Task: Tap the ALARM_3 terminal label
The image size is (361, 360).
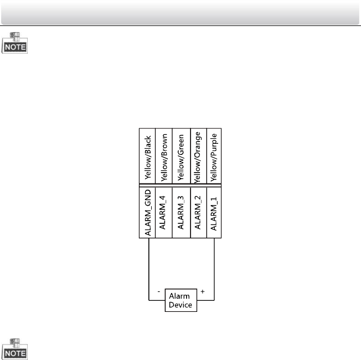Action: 181,213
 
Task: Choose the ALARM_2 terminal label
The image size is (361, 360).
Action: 198,213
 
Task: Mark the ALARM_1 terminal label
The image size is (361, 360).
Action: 214,213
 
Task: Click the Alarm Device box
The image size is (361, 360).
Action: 181,301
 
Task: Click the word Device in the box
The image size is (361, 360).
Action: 181,305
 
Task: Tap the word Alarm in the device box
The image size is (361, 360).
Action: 179,296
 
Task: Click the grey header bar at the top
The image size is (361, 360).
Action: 180,12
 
